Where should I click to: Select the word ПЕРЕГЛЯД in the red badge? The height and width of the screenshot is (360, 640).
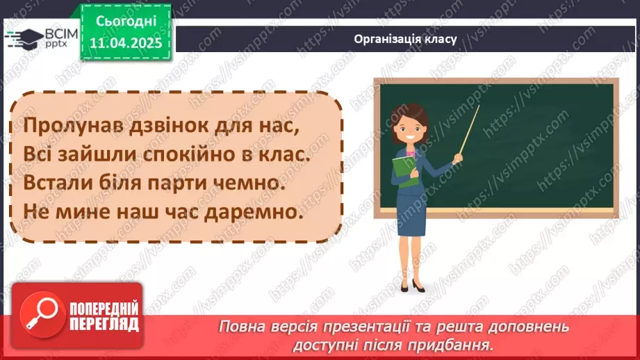104,323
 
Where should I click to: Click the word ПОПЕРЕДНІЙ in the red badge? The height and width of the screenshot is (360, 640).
104,308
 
